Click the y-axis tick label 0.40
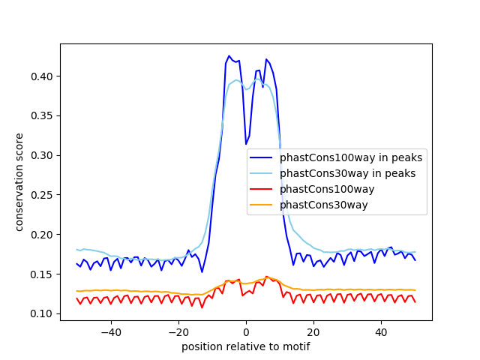coord(43,76)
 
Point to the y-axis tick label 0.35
coord(43,116)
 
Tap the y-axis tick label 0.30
coord(43,155)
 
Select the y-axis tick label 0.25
coord(43,195)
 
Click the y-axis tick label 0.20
coord(43,235)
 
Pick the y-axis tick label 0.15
coord(43,274)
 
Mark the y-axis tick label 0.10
coord(43,313)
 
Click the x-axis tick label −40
coord(110,331)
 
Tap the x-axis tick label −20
coord(178,331)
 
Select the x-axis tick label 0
coord(246,331)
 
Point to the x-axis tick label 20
coord(313,331)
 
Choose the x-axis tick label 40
coord(381,331)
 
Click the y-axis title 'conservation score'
coord(19,182)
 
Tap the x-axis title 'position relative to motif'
coord(245,346)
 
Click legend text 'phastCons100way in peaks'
coord(351,157)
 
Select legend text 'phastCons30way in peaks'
coord(347,173)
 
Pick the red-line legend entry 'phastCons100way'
coord(327,189)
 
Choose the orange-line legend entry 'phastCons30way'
coord(324,205)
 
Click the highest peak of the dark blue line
coord(229,55)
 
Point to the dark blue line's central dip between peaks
coord(246,144)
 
